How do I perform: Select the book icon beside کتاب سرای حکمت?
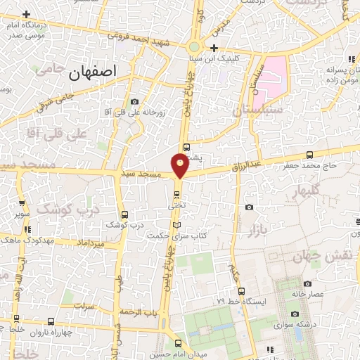click(176, 225)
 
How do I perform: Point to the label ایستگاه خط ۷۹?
click(264, 301)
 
